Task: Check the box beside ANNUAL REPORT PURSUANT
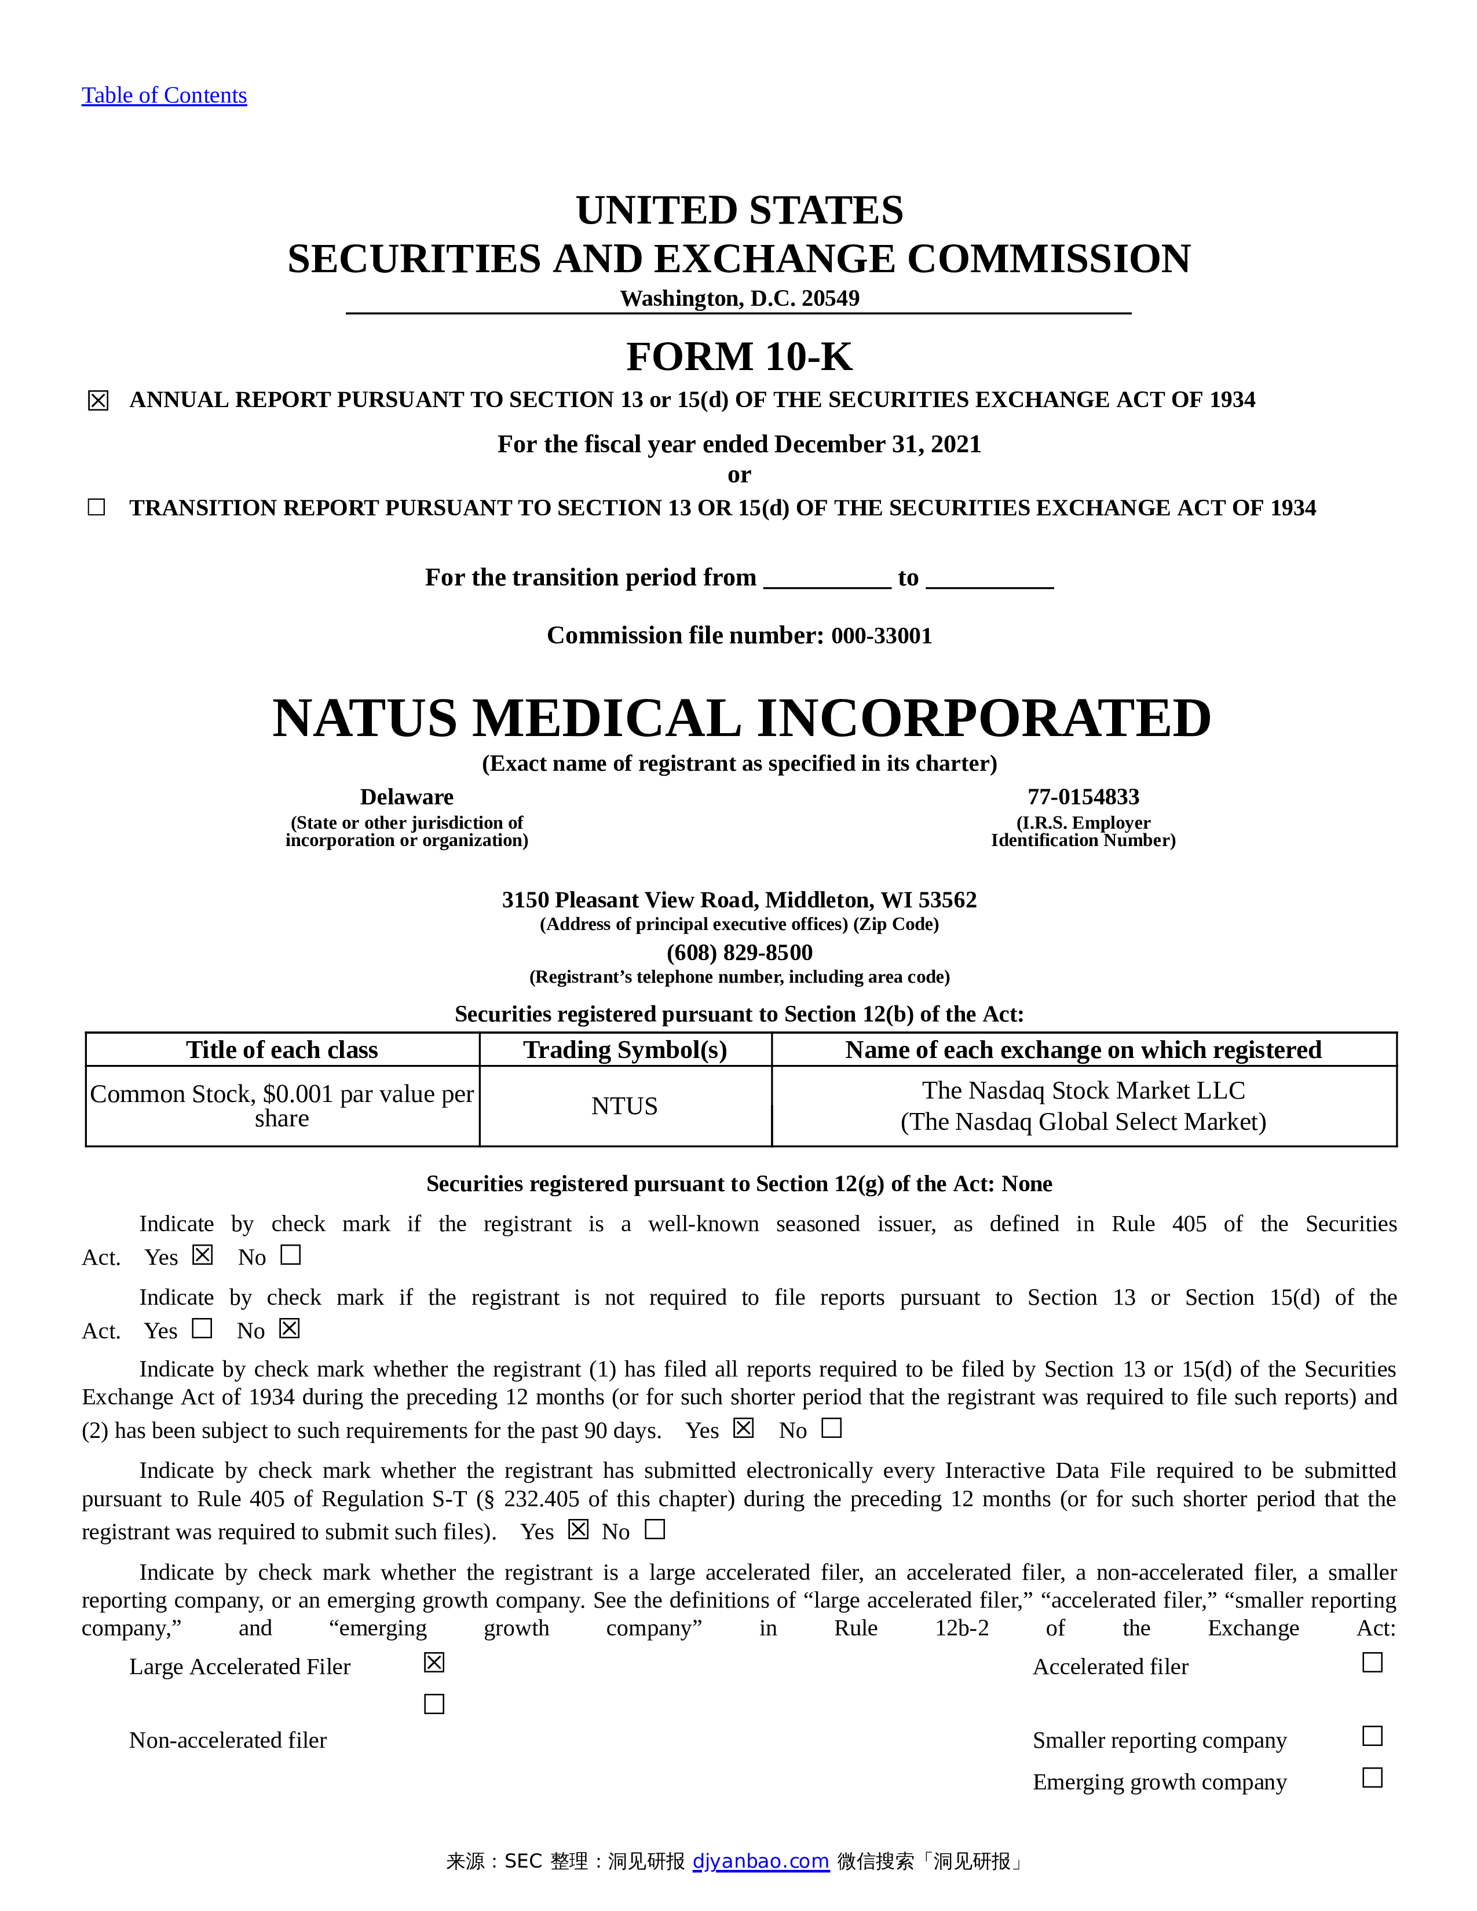tap(98, 401)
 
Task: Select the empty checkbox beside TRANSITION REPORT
tap(96, 507)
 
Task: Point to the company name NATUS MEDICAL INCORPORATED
tap(741, 719)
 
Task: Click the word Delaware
tap(406, 797)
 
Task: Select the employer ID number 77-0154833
tap(1083, 797)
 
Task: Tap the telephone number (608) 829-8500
tap(740, 952)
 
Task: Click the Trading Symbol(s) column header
tap(625, 1050)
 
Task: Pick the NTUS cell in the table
tap(625, 1106)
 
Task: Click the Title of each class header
tap(281, 1050)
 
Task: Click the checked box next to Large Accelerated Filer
tap(434, 1663)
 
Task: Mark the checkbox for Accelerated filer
tap(1372, 1663)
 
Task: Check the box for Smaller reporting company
tap(1372, 1736)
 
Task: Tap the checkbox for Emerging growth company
tap(1372, 1778)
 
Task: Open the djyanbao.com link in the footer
tap(761, 1861)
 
